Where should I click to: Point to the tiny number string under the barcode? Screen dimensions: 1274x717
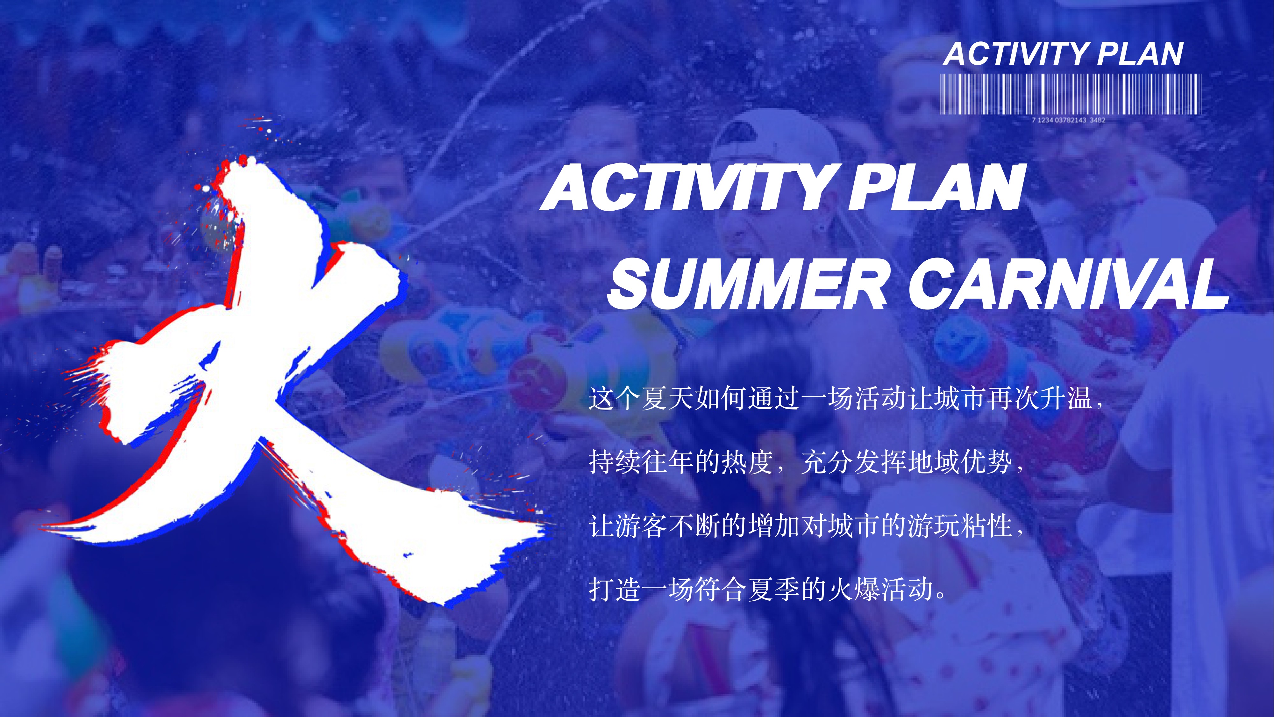pos(1069,120)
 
